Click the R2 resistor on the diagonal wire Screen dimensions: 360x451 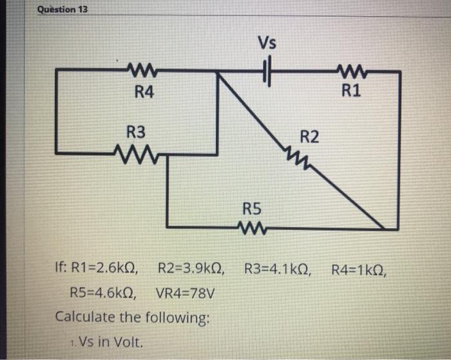(x=297, y=156)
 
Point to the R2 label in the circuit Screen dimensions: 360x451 (x=309, y=137)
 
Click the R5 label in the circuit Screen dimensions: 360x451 (x=252, y=209)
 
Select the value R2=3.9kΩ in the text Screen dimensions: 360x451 (x=191, y=269)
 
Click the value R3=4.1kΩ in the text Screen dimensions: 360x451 (x=278, y=269)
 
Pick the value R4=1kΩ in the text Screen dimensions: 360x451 (x=359, y=269)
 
